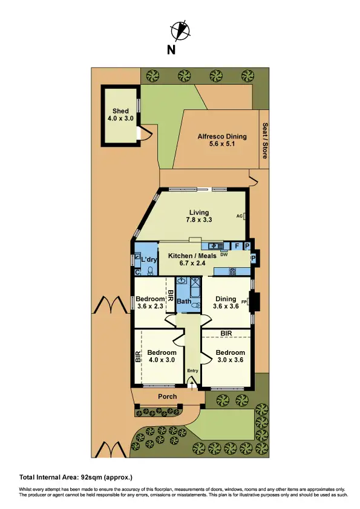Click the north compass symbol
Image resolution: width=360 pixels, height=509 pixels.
[x=179, y=30]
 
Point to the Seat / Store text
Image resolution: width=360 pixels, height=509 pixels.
[x=264, y=141]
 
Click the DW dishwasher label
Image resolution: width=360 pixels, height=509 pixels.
[x=223, y=254]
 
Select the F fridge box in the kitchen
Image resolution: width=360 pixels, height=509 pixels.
[x=237, y=246]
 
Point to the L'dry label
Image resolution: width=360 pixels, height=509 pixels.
[x=148, y=260]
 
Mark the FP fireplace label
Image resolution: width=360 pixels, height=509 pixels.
[x=244, y=300]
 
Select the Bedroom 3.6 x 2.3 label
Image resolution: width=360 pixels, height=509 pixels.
[x=150, y=303]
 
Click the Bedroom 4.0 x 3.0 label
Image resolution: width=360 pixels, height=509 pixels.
[x=162, y=356]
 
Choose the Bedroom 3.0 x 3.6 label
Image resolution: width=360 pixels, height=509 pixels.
[x=231, y=356]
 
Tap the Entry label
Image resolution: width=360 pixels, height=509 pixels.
[x=192, y=371]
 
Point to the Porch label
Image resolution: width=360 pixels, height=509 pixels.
[x=168, y=397]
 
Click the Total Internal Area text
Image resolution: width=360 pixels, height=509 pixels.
[x=76, y=478]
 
